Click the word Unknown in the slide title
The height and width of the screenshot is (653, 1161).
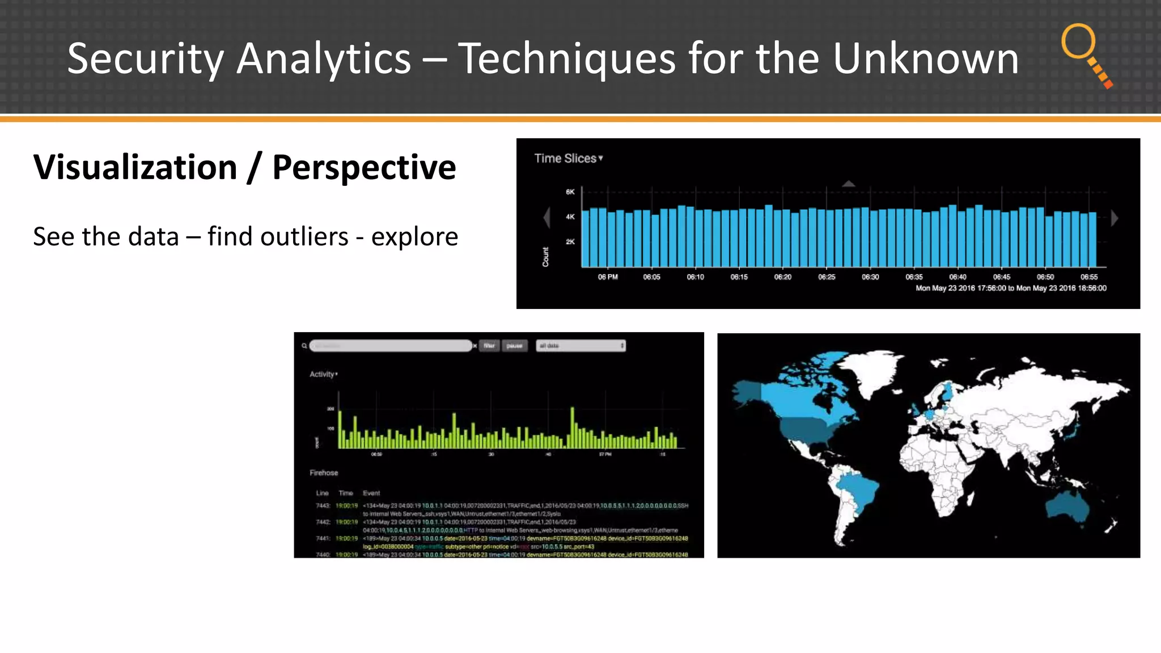(925, 58)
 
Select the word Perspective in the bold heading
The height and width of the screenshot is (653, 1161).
(364, 168)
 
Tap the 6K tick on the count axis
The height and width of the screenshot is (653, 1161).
(570, 192)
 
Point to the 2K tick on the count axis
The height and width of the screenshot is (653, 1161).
(570, 242)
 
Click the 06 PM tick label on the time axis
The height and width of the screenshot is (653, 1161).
(608, 277)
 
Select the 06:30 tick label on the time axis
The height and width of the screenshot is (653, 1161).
(870, 277)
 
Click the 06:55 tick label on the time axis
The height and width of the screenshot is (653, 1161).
(1088, 277)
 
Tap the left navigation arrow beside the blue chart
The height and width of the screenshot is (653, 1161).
(547, 218)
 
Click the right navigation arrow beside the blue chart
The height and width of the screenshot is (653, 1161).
(1115, 218)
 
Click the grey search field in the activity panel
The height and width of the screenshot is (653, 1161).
(391, 346)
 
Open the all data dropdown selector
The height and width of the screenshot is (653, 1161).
(580, 346)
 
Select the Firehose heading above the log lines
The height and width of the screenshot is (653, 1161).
(324, 473)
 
